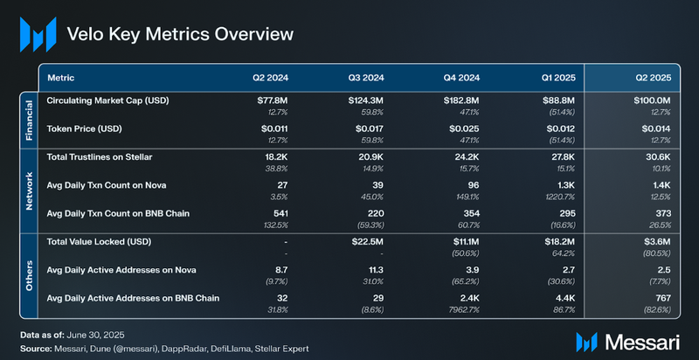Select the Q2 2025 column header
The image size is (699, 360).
coord(651,77)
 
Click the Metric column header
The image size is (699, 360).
coord(60,77)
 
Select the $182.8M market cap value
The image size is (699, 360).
coord(460,100)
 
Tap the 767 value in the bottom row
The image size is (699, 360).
coord(661,298)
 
